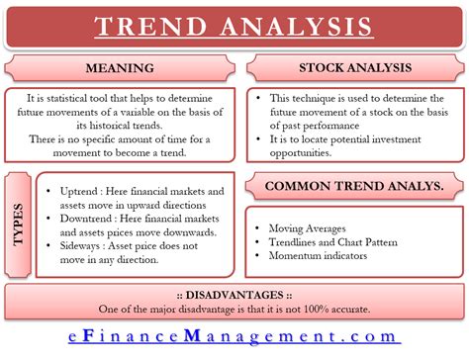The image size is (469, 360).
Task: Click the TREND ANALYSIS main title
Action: pos(234,27)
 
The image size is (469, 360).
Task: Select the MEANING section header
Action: pos(122,70)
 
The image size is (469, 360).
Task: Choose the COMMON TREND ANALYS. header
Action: pos(353,187)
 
